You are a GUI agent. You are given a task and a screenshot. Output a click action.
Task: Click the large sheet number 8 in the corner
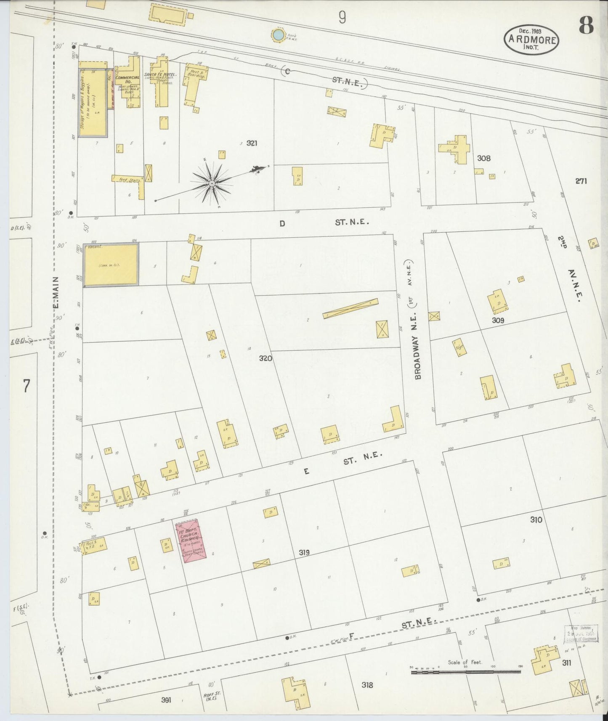pos(586,26)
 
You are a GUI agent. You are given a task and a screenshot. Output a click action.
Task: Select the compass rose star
pos(212,183)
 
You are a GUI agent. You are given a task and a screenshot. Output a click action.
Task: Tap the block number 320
pos(265,358)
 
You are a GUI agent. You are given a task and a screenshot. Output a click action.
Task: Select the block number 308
pos(483,158)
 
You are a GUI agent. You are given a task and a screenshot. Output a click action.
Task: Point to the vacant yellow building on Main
pos(111,265)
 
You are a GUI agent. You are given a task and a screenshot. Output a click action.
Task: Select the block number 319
pos(304,552)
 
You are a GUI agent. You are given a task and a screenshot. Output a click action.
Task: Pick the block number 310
pos(536,520)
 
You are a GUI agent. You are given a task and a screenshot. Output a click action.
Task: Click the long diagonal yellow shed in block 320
pos(350,308)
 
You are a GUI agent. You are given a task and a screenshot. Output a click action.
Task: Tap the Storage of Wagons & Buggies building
pos(92,103)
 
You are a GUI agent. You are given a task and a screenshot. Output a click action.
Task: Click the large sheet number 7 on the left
pos(27,385)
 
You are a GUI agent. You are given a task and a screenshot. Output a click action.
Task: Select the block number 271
pos(581,181)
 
